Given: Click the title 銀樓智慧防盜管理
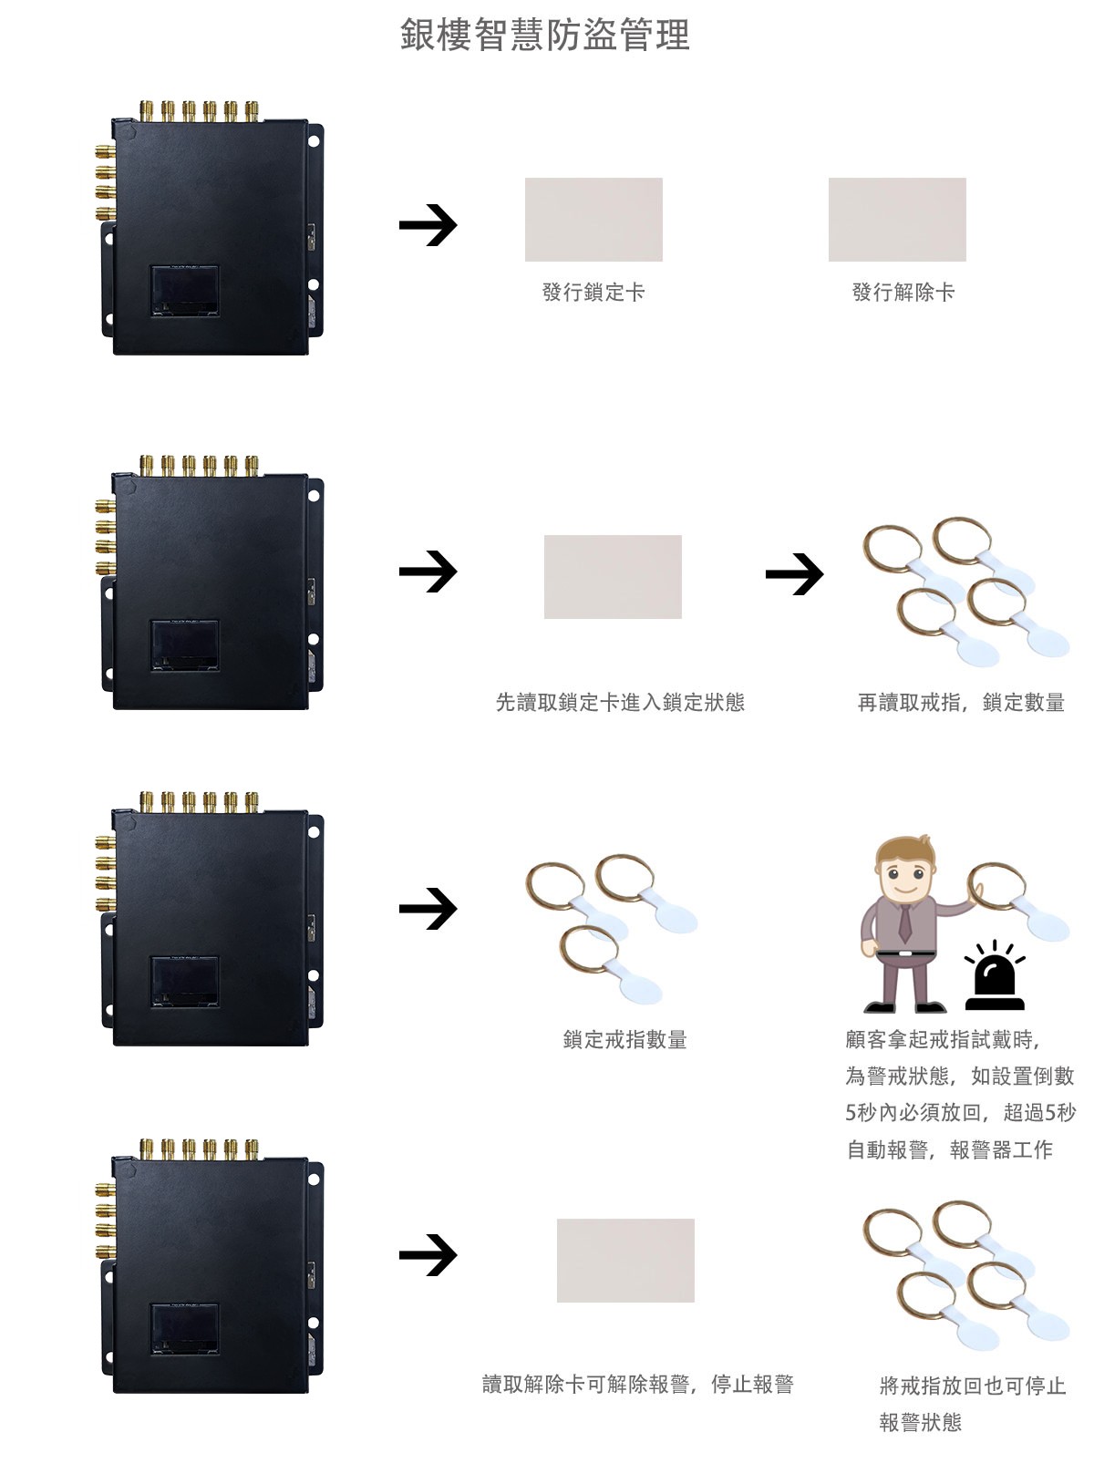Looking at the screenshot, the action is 544,35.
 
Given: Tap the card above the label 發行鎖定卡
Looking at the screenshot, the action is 593,220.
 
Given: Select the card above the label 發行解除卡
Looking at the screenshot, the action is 897,220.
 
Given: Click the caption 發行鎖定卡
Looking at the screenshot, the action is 593,292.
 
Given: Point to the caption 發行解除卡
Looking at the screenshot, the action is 903,292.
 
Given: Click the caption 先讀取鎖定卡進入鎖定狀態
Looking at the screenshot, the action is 620,702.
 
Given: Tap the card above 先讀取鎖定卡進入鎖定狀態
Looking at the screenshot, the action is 613,576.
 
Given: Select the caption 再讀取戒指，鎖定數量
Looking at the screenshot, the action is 961,702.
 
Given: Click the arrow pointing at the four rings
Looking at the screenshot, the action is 794,574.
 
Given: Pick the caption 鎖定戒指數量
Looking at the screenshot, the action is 624,1039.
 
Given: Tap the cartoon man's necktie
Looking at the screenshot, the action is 904,922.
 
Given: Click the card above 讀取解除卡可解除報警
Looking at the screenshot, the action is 625,1261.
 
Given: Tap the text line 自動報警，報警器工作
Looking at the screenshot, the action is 949,1149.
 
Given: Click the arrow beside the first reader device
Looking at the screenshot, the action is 428,224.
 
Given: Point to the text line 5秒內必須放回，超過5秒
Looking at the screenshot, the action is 961,1112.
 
